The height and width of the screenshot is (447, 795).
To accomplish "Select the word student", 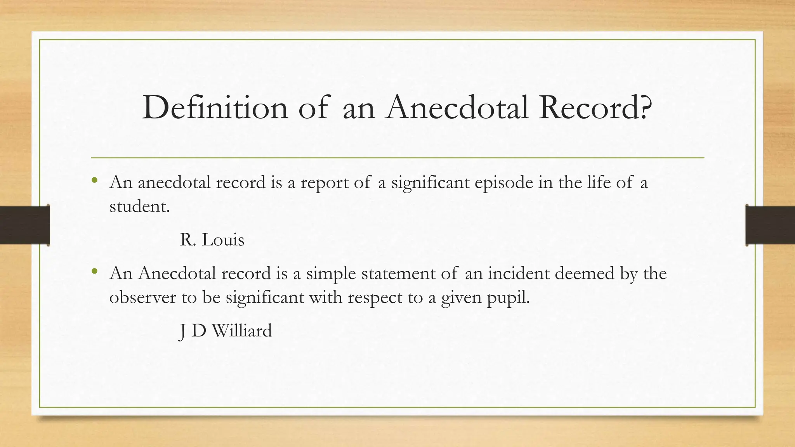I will tap(139, 206).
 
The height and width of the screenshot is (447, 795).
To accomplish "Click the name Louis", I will tap(223, 240).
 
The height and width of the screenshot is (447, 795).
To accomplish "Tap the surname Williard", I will tap(242, 331).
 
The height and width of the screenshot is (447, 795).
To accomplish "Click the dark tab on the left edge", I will tap(24, 225).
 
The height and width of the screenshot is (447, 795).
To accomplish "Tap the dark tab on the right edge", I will tap(770, 225).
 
